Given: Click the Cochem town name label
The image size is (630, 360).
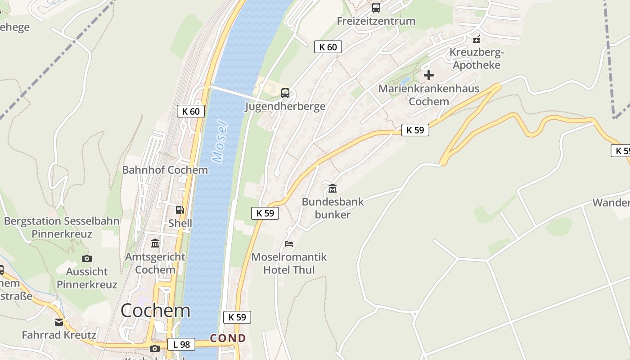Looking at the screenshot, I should pyautogui.click(x=155, y=311).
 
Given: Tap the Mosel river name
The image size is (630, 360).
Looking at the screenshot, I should pyautogui.click(x=220, y=141).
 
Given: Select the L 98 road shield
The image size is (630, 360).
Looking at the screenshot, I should pyautogui.click(x=181, y=345).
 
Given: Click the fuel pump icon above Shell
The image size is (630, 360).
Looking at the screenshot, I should pyautogui.click(x=180, y=210).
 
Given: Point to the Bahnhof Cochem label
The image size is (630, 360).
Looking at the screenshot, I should pyautogui.click(x=165, y=170).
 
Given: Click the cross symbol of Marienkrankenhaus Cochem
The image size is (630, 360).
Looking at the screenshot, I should pyautogui.click(x=428, y=75).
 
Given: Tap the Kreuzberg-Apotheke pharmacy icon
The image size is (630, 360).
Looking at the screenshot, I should pyautogui.click(x=477, y=39).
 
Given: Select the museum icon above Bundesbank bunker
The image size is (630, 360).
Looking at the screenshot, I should pyautogui.click(x=333, y=188).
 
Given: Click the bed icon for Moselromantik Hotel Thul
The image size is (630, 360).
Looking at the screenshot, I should pyautogui.click(x=289, y=244).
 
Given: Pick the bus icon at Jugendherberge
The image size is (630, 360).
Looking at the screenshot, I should pyautogui.click(x=285, y=93).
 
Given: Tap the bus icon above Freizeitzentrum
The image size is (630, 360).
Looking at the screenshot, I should pyautogui.click(x=376, y=8).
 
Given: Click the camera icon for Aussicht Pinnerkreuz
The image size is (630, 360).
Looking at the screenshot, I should pyautogui.click(x=87, y=258).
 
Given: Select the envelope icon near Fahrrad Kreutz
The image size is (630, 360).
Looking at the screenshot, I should pyautogui.click(x=59, y=322).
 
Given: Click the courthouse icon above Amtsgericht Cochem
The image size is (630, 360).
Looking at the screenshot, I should pyautogui.click(x=155, y=243).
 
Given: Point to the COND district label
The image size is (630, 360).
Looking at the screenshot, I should pyautogui.click(x=228, y=338).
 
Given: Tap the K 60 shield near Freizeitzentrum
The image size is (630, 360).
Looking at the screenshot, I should pyautogui.click(x=328, y=47).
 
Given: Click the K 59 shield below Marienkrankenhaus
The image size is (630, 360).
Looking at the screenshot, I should pyautogui.click(x=415, y=130).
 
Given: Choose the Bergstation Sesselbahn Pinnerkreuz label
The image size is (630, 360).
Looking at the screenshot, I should pyautogui.click(x=62, y=227).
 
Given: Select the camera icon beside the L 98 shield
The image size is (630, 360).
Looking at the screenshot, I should pyautogui.click(x=155, y=348).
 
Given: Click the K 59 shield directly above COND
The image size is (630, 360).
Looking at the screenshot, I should pyautogui.click(x=237, y=317).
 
